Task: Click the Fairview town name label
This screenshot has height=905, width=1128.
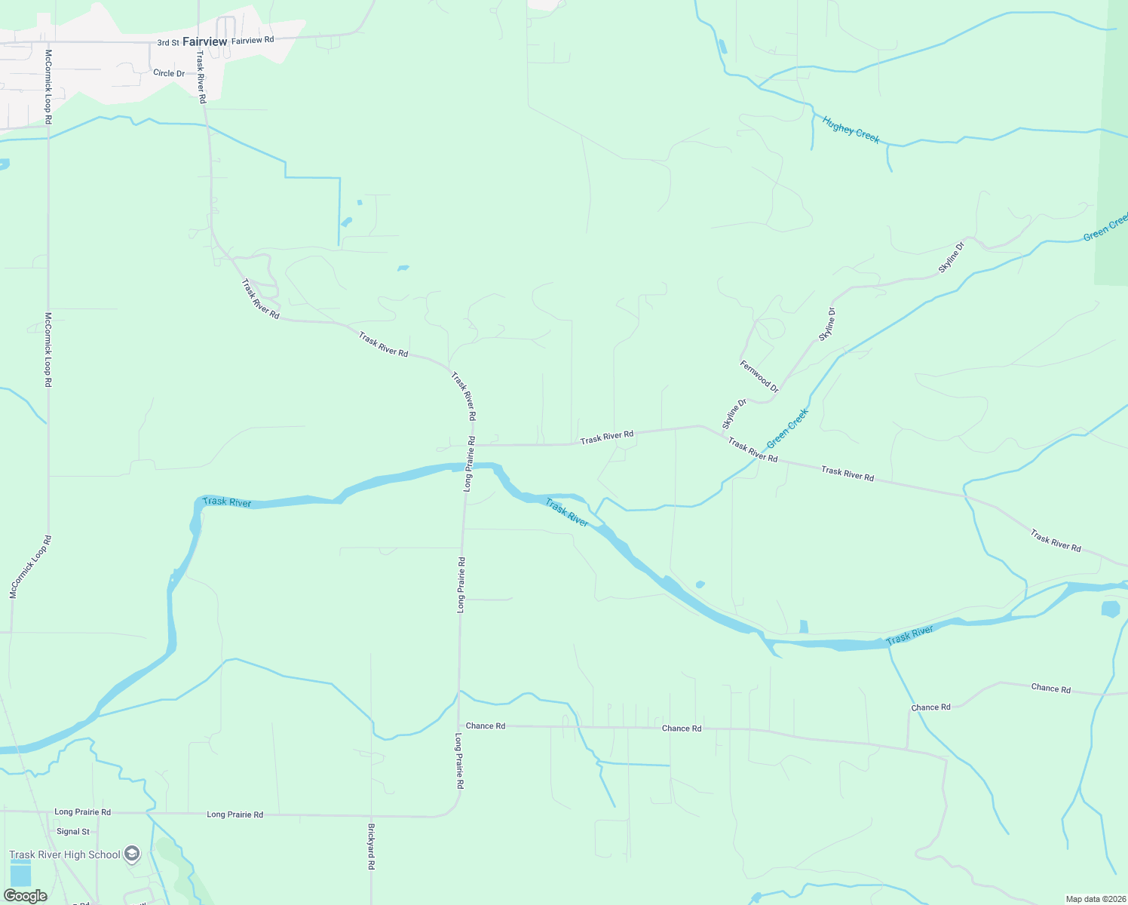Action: [x=204, y=41]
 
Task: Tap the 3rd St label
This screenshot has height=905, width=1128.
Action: [x=168, y=43]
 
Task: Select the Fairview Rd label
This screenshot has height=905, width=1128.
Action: [x=253, y=40]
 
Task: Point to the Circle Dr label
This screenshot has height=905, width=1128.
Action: [x=169, y=73]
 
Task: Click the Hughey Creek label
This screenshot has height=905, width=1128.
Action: [x=851, y=130]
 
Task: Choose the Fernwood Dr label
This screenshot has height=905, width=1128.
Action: [x=759, y=376]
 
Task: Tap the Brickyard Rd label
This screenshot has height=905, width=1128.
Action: [x=371, y=846]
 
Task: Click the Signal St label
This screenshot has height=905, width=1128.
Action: [x=73, y=832]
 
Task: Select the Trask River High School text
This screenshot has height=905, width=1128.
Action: [x=65, y=854]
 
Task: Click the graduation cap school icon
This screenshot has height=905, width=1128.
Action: [x=132, y=854]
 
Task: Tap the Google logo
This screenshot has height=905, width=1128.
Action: [x=26, y=896]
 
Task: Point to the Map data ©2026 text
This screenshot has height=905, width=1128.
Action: [x=1094, y=899]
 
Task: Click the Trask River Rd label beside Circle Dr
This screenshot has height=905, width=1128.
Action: [x=201, y=77]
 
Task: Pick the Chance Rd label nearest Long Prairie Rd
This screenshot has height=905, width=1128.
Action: [x=486, y=726]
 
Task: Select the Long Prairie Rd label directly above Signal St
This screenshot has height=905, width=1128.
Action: [x=83, y=812]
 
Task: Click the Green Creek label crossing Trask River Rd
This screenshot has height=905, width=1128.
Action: [x=787, y=428]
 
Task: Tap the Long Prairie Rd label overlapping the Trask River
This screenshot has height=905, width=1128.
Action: [x=470, y=463]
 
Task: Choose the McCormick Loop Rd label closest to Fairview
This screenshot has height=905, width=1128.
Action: [x=48, y=87]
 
